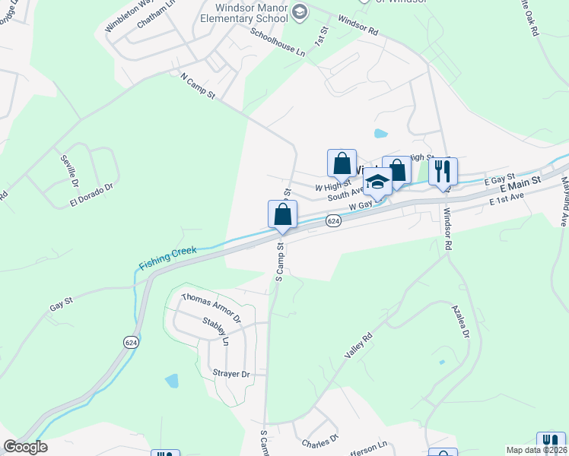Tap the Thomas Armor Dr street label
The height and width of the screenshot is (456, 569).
coord(210,309)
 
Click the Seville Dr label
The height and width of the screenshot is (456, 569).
coord(70,173)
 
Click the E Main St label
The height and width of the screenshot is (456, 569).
coord(520,185)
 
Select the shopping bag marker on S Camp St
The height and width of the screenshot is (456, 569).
coord(282,214)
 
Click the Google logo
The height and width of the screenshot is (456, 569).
coord(25,447)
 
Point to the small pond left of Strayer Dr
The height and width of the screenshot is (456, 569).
coord(171,380)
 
